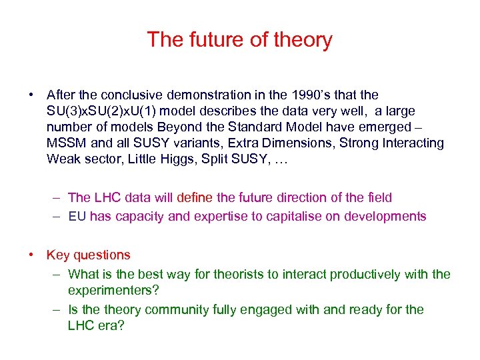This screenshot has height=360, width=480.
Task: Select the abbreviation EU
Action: tap(77, 217)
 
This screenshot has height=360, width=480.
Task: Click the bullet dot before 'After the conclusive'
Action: tap(31, 95)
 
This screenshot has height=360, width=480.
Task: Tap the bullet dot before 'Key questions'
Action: tap(31, 255)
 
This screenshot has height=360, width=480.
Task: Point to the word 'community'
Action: tap(177, 310)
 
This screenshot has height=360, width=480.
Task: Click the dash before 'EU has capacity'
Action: tap(58, 217)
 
